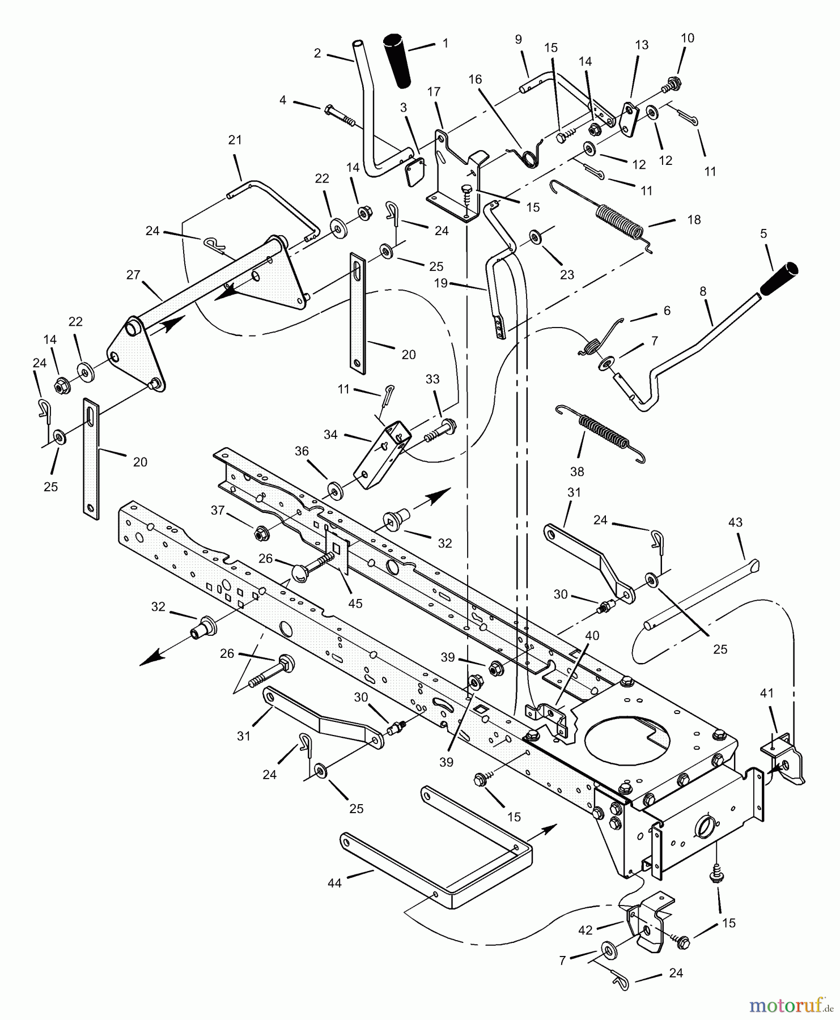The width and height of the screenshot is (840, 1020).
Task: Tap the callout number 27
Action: [x=133, y=275]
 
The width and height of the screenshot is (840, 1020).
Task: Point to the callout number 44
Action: [x=334, y=883]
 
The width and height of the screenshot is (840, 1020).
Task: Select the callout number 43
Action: [x=735, y=522]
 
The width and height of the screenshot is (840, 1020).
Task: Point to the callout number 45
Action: [x=355, y=604]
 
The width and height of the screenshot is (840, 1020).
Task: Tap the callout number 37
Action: [x=218, y=511]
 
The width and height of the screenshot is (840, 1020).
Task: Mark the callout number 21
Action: [x=235, y=140]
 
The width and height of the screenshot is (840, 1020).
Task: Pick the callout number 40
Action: [x=592, y=636]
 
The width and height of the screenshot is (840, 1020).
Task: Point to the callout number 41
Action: [x=767, y=693]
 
